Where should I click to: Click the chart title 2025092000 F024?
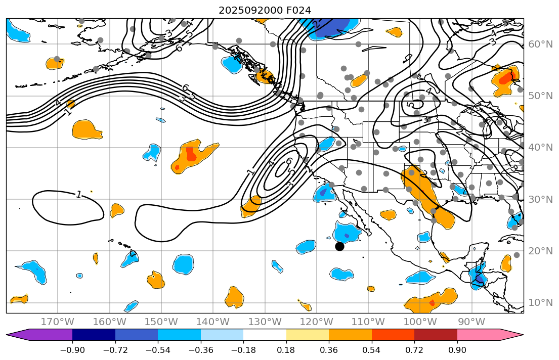coord(265,10)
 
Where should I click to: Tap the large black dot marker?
coord(339,246)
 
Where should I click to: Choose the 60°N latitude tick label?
coord(541,44)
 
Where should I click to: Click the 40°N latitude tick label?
coord(541,147)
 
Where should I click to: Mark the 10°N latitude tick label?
coord(541,303)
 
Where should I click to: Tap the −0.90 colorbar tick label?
coord(72,351)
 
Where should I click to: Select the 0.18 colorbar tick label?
coord(286,351)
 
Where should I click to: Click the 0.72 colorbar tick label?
coord(414,351)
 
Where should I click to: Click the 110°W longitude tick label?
coord(371,322)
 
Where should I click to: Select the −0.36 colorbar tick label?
coord(201,351)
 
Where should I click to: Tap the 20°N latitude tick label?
coord(541,251)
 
